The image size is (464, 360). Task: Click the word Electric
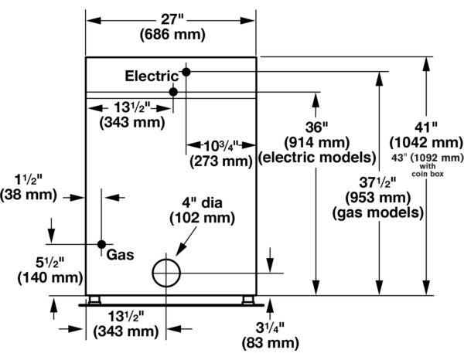[x=152, y=76]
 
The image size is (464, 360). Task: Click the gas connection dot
[x=101, y=245]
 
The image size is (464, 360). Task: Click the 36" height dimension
[x=317, y=126]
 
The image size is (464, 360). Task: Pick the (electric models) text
[x=317, y=158]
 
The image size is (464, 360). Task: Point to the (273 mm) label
[x=221, y=161]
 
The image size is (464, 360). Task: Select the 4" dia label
[x=196, y=203]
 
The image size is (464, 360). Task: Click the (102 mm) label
[x=196, y=219]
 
